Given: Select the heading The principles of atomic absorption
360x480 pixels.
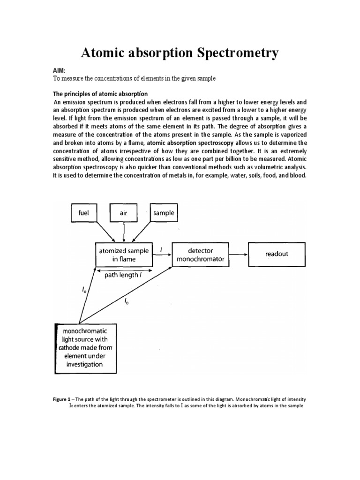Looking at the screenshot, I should [100, 94].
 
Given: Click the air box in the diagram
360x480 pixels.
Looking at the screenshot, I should [123, 213].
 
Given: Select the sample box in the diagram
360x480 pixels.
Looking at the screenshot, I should [163, 213].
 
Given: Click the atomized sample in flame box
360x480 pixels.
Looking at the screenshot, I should [124, 255].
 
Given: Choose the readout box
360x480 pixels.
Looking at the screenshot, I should [277, 254].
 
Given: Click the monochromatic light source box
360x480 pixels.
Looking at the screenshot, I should [86, 348].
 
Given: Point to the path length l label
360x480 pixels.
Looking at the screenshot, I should [124, 275].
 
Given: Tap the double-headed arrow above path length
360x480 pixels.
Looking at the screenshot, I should [124, 270].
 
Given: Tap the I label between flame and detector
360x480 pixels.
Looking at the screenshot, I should [161, 250].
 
